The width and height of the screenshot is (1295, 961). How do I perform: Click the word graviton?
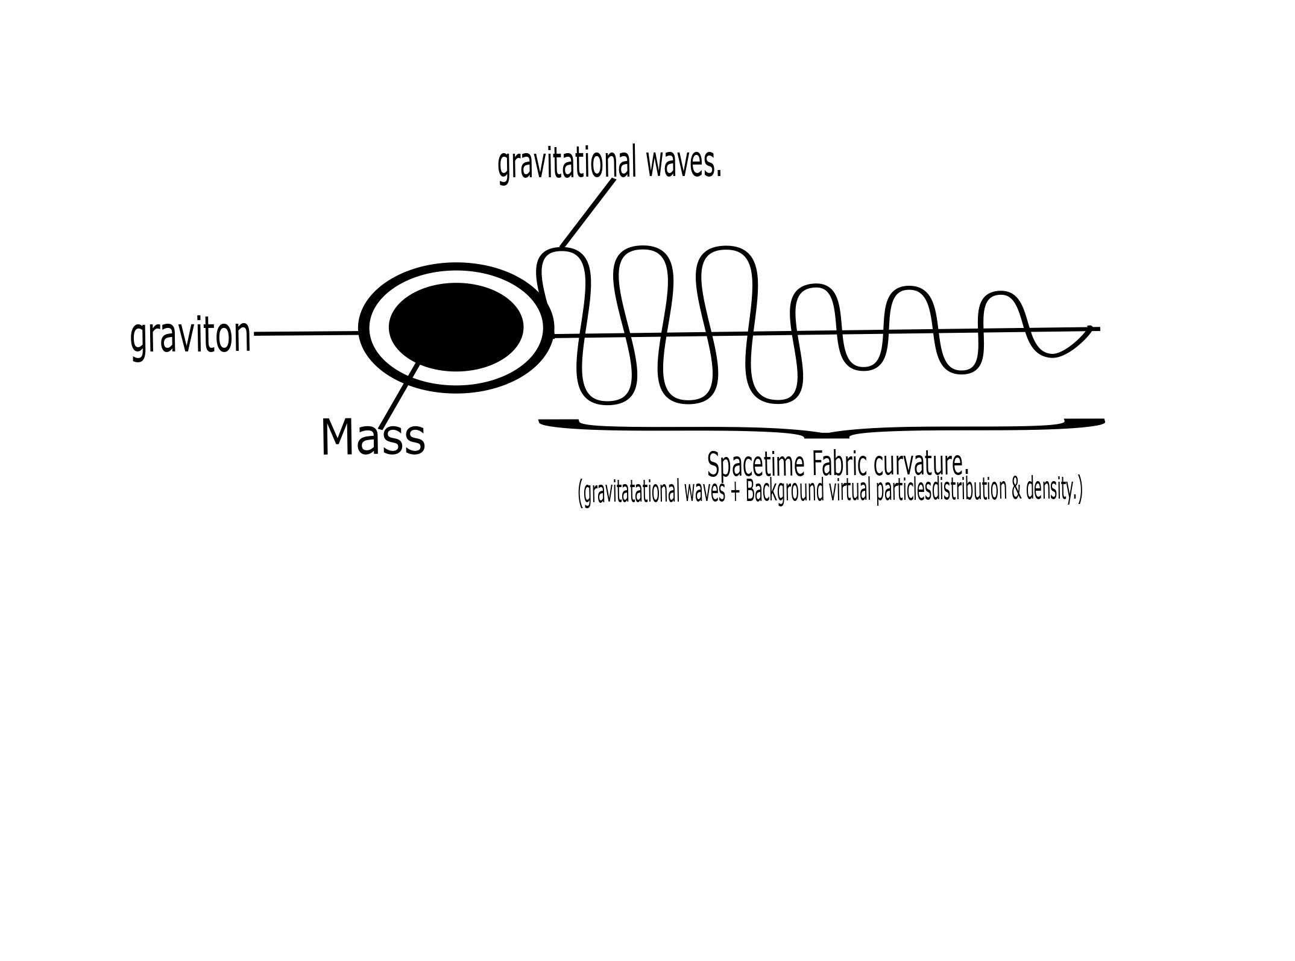(191, 337)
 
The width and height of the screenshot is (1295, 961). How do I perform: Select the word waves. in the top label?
(684, 163)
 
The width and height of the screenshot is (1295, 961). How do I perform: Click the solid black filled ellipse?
(456, 327)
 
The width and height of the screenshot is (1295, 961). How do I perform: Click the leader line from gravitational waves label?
(587, 213)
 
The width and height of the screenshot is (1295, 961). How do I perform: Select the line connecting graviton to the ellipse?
(307, 333)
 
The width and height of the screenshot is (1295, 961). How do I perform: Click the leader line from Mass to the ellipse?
(399, 395)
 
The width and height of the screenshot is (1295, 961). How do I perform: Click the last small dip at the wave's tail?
(1052, 354)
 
